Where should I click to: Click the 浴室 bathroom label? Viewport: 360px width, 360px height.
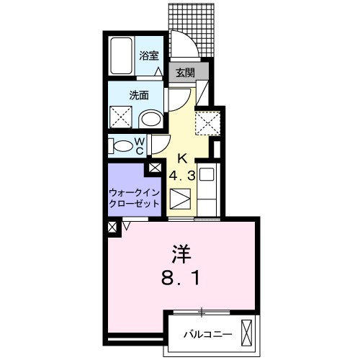point(149,55)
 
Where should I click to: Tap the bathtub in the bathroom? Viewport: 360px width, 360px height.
point(121,56)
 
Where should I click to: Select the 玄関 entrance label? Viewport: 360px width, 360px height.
point(185,73)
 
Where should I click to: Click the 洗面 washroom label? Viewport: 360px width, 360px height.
point(139,95)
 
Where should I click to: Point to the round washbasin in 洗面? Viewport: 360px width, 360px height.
point(150,119)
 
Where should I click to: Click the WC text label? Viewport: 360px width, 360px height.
point(140,146)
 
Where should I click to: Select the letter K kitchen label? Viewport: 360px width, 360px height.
point(182,158)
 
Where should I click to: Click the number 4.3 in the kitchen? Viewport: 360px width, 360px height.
point(181,176)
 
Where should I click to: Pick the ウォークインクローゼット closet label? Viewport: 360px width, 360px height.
point(134,198)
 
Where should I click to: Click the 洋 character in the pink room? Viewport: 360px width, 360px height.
point(181,253)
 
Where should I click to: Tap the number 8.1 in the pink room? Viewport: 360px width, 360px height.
point(180,279)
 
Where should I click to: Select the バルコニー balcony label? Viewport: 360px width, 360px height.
point(208,334)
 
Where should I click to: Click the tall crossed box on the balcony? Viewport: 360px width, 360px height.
point(246,332)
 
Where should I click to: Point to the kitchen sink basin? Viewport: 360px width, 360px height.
point(207,174)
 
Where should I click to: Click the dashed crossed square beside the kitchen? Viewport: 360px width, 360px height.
point(207,123)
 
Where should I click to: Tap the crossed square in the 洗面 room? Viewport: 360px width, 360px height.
point(121,117)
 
